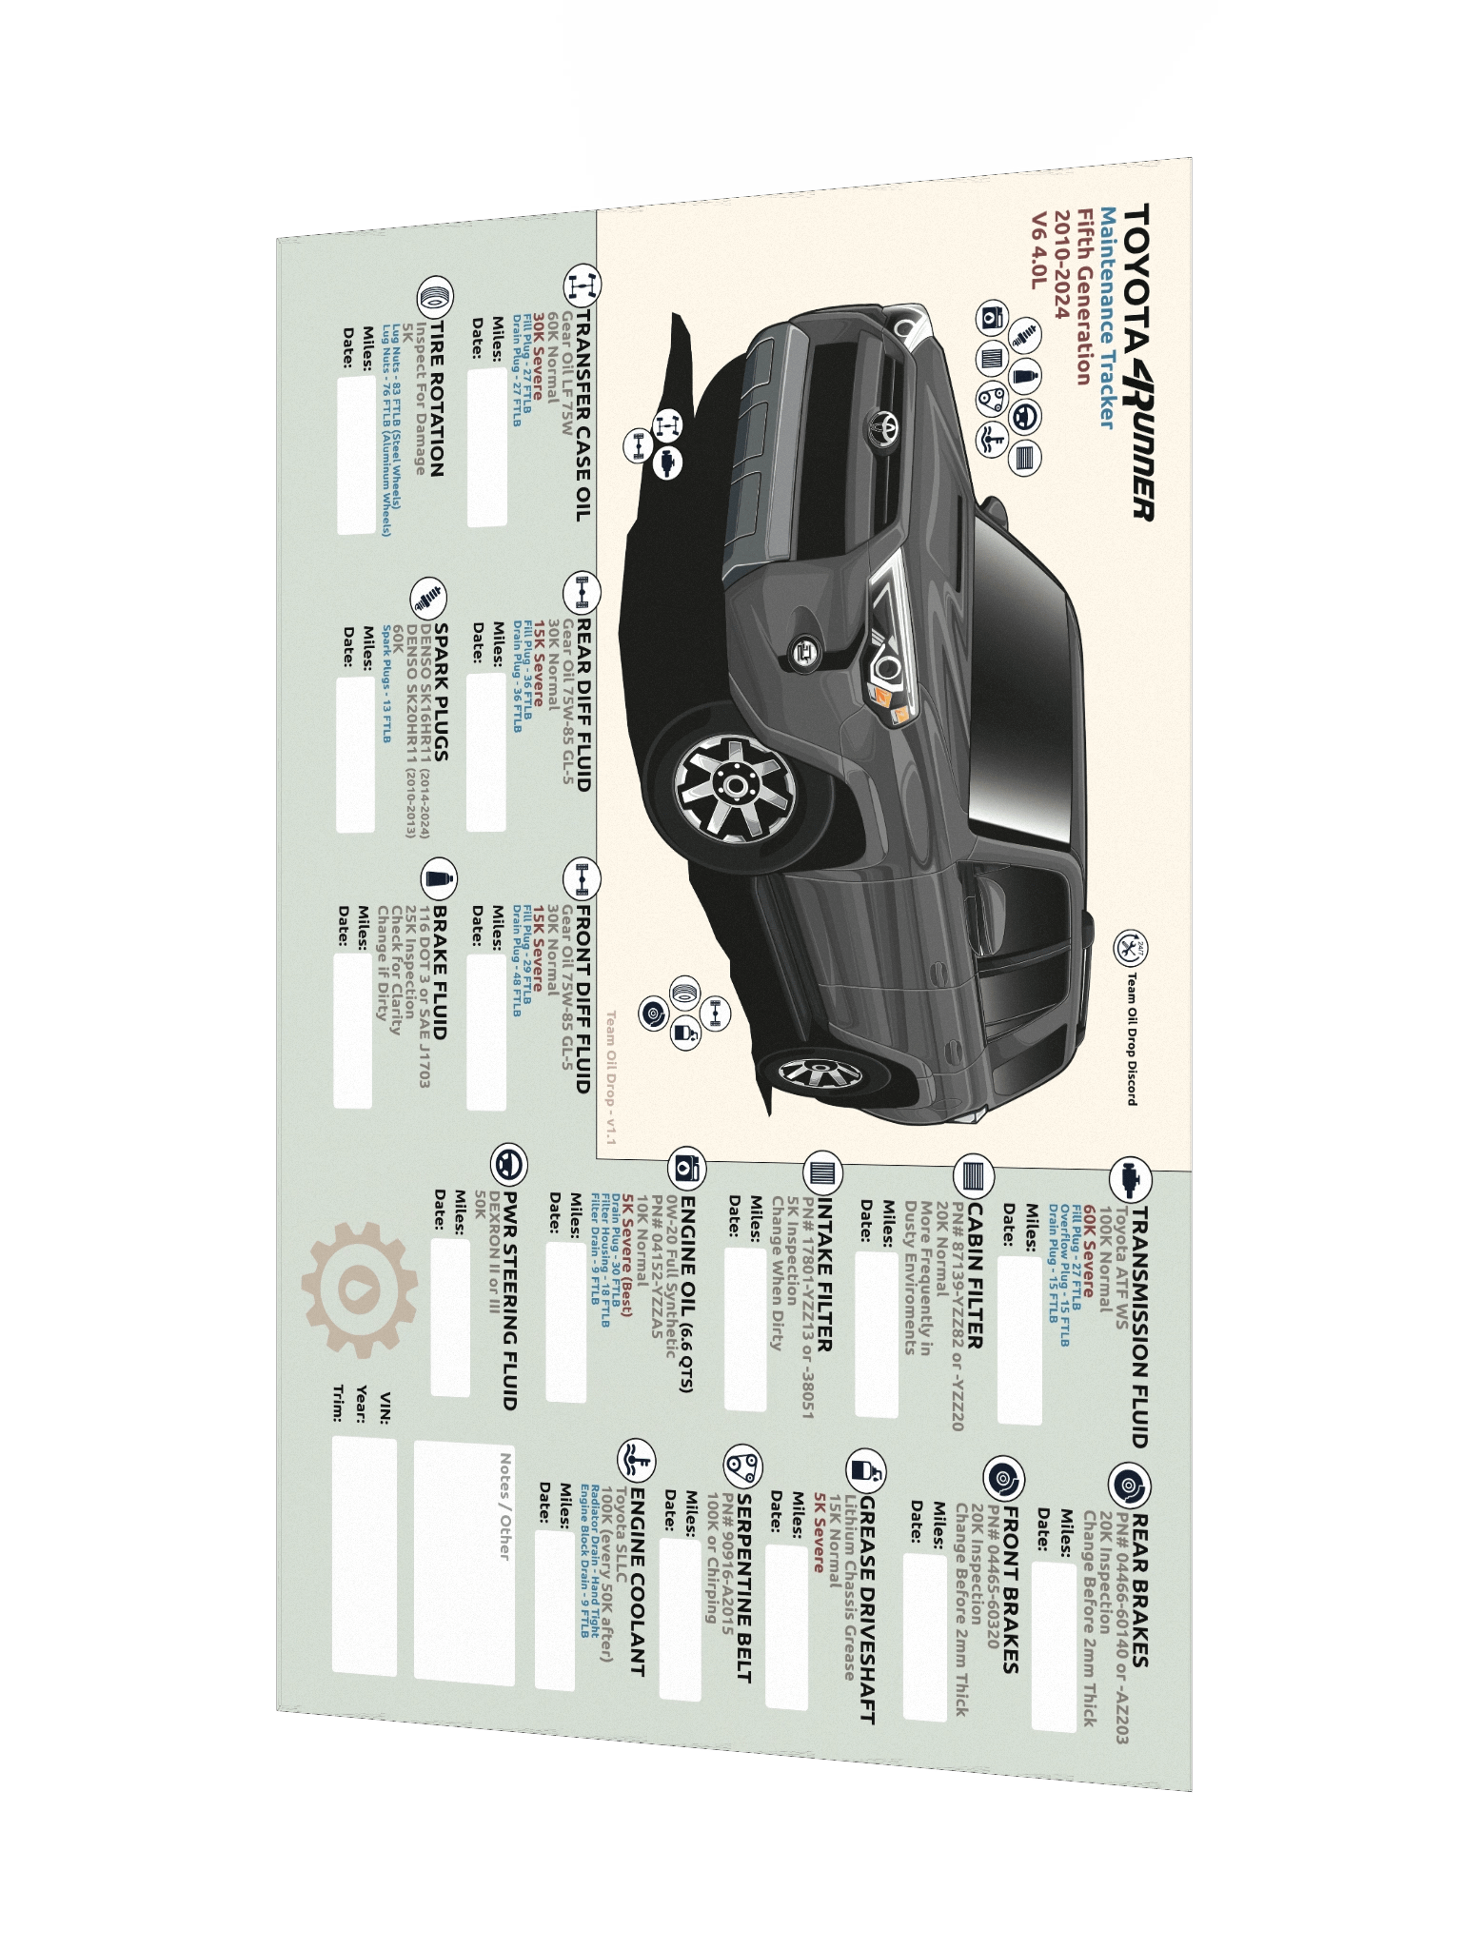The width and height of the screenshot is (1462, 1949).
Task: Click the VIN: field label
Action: pyautogui.click(x=385, y=1408)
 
